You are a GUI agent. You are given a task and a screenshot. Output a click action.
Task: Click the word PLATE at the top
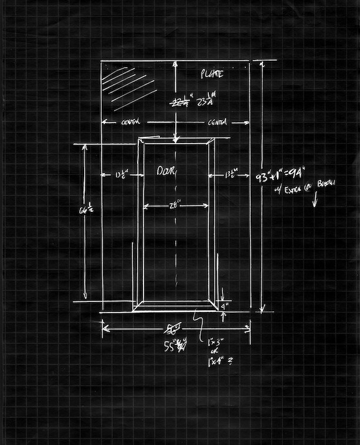[212, 75]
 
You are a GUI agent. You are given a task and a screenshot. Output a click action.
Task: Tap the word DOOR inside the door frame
[167, 171]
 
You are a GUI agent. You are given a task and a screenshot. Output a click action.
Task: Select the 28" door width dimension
[175, 205]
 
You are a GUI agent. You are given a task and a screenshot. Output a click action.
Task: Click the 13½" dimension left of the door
[121, 174]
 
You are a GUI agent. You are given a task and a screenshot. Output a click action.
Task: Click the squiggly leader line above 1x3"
[201, 325]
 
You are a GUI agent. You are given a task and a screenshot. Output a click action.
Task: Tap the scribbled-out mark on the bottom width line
[174, 328]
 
